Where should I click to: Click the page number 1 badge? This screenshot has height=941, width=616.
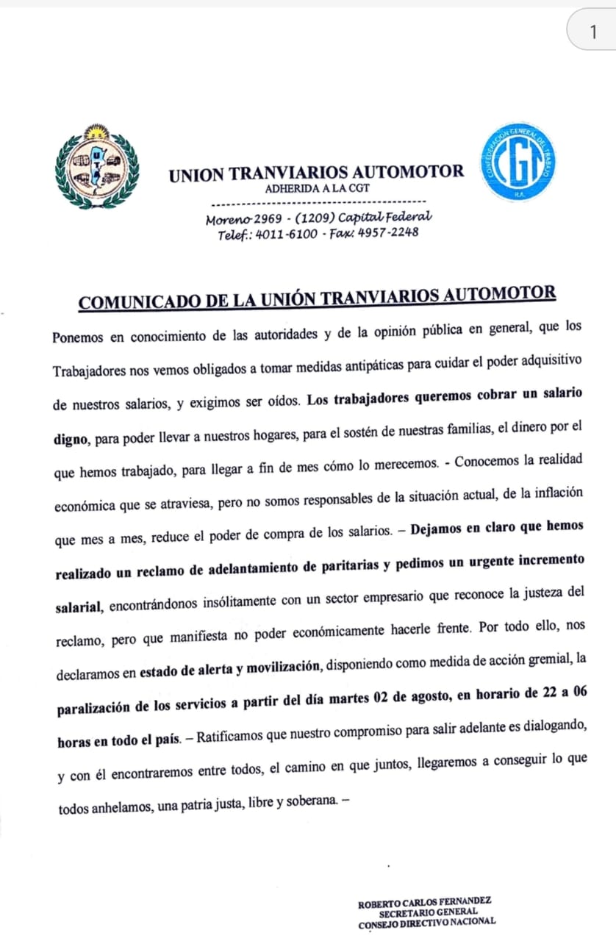593,32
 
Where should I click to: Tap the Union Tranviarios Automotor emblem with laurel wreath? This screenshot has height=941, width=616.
96,166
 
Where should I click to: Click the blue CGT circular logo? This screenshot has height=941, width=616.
518,162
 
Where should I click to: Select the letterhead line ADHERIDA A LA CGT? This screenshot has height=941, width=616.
317,187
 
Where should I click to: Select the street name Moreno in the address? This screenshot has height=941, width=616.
229,219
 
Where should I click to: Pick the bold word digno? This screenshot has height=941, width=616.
71,440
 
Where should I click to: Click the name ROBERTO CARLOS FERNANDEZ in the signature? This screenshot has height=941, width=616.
424,901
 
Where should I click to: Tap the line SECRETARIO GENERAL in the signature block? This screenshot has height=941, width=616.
428,912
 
